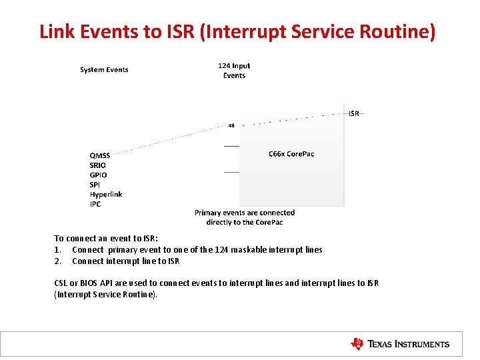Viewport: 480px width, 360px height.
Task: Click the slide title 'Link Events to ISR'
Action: click(x=237, y=31)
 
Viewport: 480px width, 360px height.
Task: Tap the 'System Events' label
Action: click(x=104, y=70)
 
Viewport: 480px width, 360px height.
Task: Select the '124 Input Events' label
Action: click(x=234, y=71)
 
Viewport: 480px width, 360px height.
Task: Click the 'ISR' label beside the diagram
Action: click(x=354, y=114)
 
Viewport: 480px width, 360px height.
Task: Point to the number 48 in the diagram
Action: click(x=231, y=125)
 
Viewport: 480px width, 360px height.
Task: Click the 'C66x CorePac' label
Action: click(x=291, y=154)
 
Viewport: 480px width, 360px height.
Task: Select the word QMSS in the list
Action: click(x=101, y=155)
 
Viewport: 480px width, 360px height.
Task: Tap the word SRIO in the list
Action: click(x=98, y=165)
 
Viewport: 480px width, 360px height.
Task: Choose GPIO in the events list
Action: click(x=99, y=175)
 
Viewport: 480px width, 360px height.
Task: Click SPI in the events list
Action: click(x=95, y=185)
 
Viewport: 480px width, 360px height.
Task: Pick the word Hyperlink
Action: click(x=106, y=195)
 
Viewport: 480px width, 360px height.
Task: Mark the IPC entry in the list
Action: click(x=95, y=205)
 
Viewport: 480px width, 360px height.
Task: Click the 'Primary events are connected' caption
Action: click(x=245, y=213)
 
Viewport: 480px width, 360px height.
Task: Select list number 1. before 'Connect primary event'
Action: click(x=57, y=250)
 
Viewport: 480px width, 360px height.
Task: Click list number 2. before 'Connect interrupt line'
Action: click(x=57, y=261)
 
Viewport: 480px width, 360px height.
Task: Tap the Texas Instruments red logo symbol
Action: click(x=357, y=344)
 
